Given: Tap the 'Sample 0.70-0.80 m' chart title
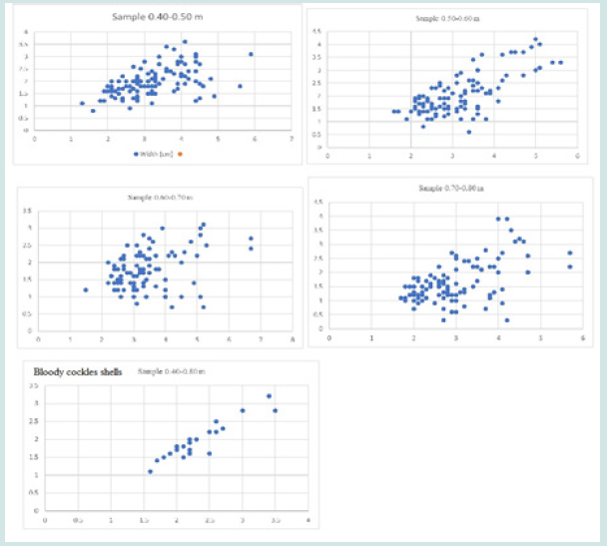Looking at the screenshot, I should point(446,188).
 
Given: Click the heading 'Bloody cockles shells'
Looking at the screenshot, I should point(79,371).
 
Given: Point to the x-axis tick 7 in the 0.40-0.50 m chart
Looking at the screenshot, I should point(291,140).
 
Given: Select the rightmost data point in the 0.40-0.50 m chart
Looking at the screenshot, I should point(251,54).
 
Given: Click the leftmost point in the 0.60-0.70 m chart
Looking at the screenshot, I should point(86,289).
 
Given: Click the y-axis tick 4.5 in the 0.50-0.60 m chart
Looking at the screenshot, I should point(317,31).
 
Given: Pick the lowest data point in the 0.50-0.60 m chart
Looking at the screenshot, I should point(468,132).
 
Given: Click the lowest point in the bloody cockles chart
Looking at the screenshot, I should point(151,471).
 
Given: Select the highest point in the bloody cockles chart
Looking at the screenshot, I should point(269,396).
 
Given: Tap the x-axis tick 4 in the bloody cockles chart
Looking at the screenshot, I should point(307,520).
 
